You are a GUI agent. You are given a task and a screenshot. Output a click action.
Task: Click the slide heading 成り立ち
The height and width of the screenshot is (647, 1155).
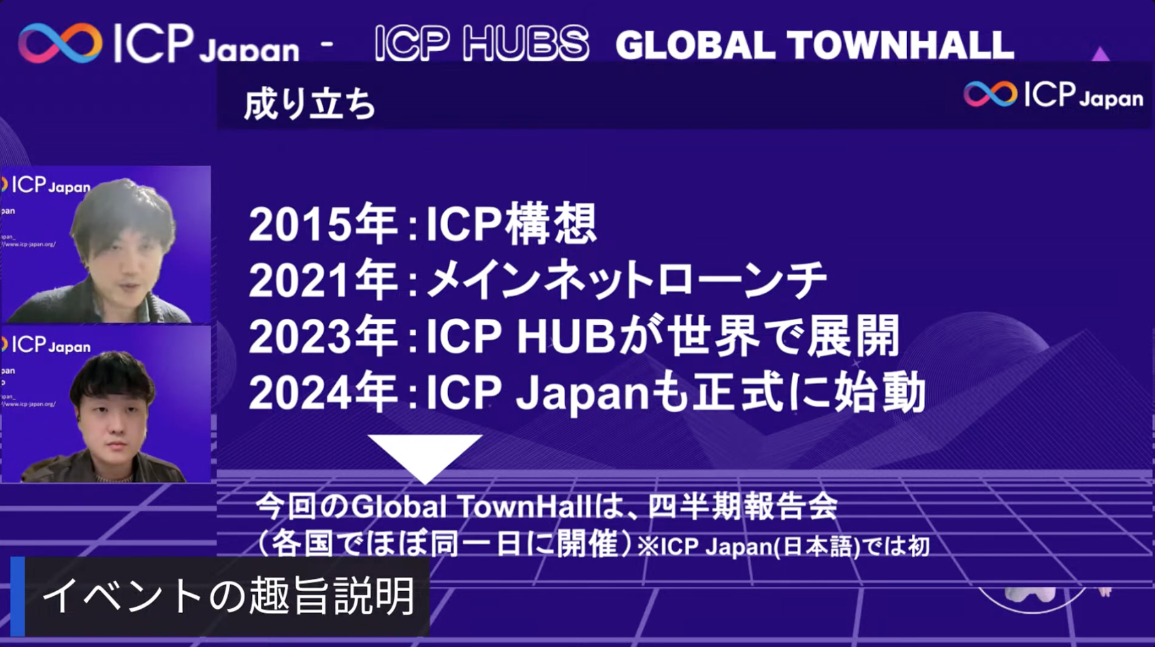(310, 106)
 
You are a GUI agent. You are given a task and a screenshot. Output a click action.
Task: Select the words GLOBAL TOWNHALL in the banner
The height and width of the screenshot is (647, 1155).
(814, 45)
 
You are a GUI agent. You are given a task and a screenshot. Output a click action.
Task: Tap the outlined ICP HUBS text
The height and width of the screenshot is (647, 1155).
(481, 44)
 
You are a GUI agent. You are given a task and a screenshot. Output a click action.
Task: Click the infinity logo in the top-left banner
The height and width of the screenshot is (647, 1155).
(60, 43)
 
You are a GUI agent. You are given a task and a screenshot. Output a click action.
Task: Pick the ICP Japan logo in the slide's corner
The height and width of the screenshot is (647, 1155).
(1053, 95)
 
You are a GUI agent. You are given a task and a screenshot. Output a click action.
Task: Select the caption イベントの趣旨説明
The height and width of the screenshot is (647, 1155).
(229, 596)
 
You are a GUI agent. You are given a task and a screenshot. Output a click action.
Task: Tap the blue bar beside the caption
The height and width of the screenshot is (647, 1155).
(18, 596)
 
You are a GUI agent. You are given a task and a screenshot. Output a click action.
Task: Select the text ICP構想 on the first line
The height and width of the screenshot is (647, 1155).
(511, 225)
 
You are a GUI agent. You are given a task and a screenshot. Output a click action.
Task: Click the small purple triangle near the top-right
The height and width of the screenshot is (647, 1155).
(1101, 54)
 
